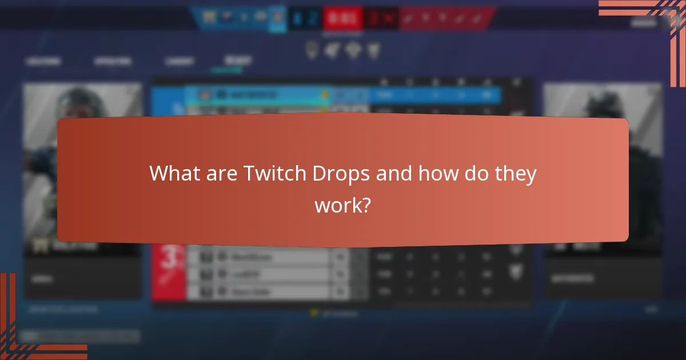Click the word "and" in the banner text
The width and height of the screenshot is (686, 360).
[x=394, y=173]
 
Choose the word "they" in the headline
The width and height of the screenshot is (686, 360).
[x=515, y=173]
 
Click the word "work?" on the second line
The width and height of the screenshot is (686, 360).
[x=342, y=205]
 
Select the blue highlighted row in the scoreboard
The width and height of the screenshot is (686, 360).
[x=343, y=95]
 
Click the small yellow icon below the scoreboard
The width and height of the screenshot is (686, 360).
[x=313, y=313]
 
